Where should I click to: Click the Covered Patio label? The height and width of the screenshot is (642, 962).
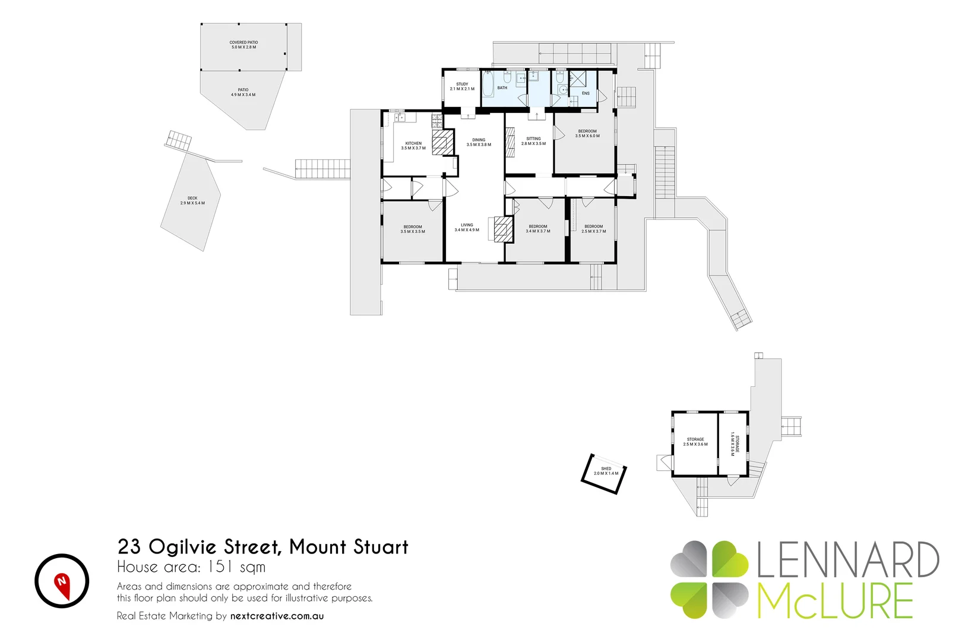pyautogui.click(x=243, y=45)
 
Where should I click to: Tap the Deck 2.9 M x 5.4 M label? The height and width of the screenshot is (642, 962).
pyautogui.click(x=192, y=201)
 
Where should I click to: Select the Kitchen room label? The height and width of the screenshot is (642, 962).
pyautogui.click(x=413, y=146)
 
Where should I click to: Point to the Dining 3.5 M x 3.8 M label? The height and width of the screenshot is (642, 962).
pyautogui.click(x=479, y=142)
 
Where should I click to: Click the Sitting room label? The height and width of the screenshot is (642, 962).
pyautogui.click(x=533, y=141)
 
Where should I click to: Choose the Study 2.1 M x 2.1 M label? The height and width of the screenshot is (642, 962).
pyautogui.click(x=462, y=86)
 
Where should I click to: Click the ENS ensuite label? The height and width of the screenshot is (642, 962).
pyautogui.click(x=586, y=93)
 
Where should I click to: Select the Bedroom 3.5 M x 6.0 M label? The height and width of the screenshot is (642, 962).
pyautogui.click(x=587, y=133)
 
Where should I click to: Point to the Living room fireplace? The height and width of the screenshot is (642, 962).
pyautogui.click(x=502, y=229)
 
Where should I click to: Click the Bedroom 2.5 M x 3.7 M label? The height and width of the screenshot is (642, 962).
pyautogui.click(x=593, y=229)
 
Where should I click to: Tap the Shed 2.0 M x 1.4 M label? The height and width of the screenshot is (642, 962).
pyautogui.click(x=606, y=471)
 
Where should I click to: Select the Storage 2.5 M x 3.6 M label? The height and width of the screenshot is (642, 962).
pyautogui.click(x=695, y=442)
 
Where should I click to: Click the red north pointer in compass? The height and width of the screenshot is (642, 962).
pyautogui.click(x=62, y=583)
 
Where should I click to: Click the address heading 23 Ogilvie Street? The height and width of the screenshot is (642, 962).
pyautogui.click(x=262, y=546)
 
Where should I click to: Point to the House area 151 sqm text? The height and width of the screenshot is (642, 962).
pyautogui.click(x=191, y=567)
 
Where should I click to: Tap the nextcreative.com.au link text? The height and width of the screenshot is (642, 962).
pyautogui.click(x=277, y=616)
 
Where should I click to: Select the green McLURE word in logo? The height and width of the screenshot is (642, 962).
pyautogui.click(x=834, y=601)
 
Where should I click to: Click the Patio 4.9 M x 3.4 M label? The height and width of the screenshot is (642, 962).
pyautogui.click(x=243, y=92)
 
